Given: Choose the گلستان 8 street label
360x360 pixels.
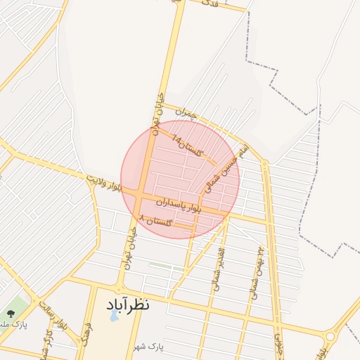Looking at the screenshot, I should click(156, 221).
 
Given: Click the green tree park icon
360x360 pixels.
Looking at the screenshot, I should click(10, 314).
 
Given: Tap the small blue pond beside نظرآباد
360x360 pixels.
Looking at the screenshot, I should click(115, 316).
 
